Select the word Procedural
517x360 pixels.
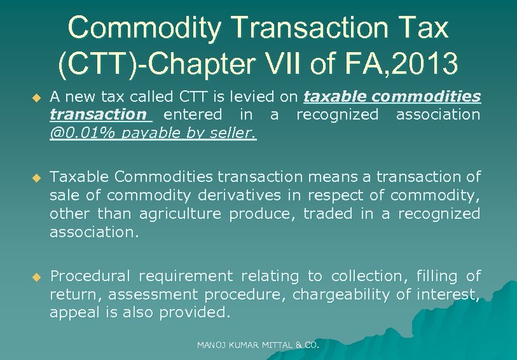[90, 276]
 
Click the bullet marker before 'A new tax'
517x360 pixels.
[36, 97]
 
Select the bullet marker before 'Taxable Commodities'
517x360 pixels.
[36, 177]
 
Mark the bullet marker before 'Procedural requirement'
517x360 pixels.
[36, 277]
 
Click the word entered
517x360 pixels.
[193, 115]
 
